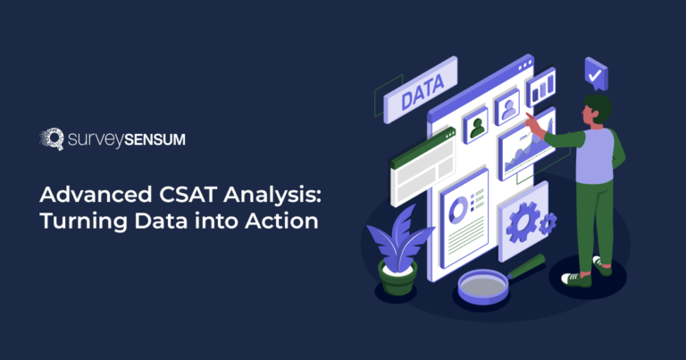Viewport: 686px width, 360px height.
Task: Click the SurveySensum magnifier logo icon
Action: point(52,138)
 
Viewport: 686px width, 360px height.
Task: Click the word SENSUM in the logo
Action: point(155,140)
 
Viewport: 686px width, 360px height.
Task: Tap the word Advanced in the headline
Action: point(96,194)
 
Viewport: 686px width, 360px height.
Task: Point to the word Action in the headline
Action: point(281,221)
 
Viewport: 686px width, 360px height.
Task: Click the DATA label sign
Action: point(421,89)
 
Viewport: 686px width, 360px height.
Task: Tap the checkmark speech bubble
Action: point(596,73)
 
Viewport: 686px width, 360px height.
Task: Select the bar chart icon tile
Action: point(541,87)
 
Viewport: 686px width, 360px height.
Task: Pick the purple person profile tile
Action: point(507,106)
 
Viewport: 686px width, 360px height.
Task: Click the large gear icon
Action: point(523,222)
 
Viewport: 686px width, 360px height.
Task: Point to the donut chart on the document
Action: point(459,211)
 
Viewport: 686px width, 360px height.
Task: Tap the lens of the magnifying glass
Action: point(483,286)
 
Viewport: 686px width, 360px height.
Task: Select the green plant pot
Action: point(397,278)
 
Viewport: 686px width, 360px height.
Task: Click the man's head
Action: point(597,108)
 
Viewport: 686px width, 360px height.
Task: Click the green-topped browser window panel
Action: point(422,167)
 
